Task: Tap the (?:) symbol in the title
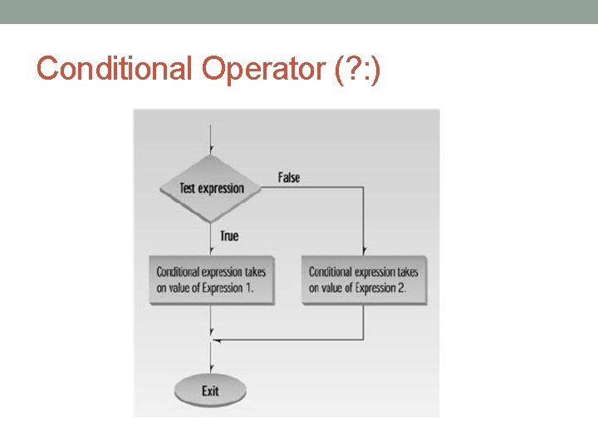[x=357, y=68]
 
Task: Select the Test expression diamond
[x=213, y=188]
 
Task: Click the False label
[x=289, y=178]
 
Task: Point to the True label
[x=229, y=236]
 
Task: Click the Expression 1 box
[x=212, y=280]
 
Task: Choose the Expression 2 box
[x=364, y=280]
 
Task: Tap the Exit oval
[x=210, y=390]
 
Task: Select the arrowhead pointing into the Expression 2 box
[x=364, y=251]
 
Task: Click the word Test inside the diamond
[x=189, y=188]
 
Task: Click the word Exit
[x=210, y=390]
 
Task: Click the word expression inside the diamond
[x=222, y=188]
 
